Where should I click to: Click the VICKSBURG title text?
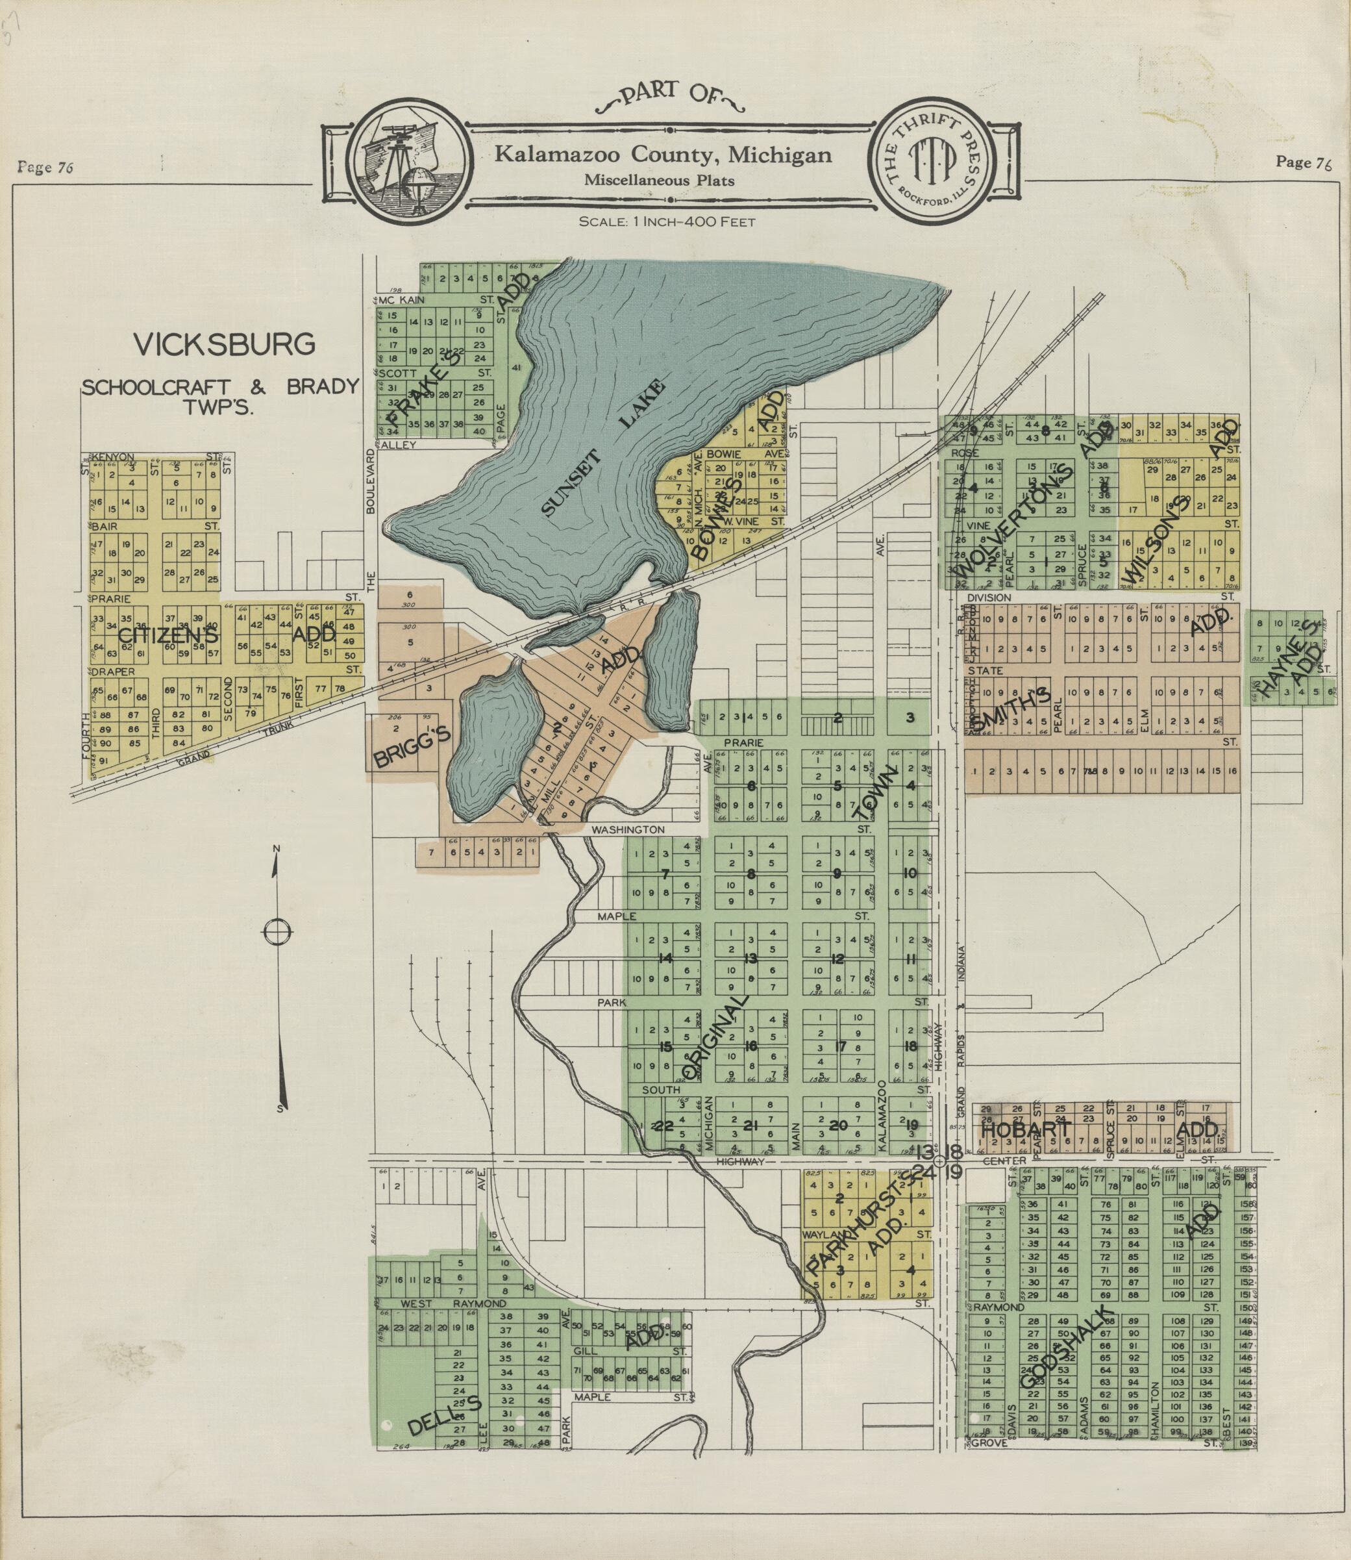pos(224,344)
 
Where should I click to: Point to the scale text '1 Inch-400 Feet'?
pos(667,221)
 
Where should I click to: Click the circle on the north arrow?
pos(277,933)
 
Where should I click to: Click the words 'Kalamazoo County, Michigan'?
pos(663,155)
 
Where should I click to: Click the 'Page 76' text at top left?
pos(45,168)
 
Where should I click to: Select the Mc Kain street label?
pos(401,299)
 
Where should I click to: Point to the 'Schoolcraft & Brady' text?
pos(220,387)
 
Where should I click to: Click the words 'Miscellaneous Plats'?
pos(659,181)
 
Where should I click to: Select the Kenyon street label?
pos(113,457)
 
